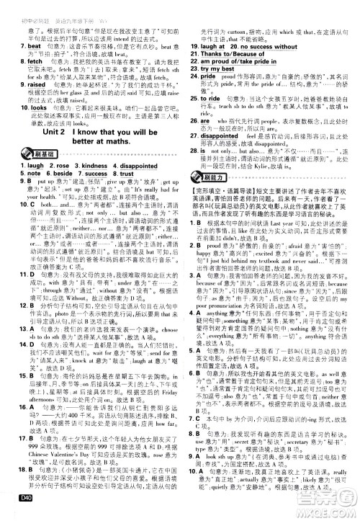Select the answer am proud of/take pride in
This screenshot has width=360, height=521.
click(238, 61)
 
